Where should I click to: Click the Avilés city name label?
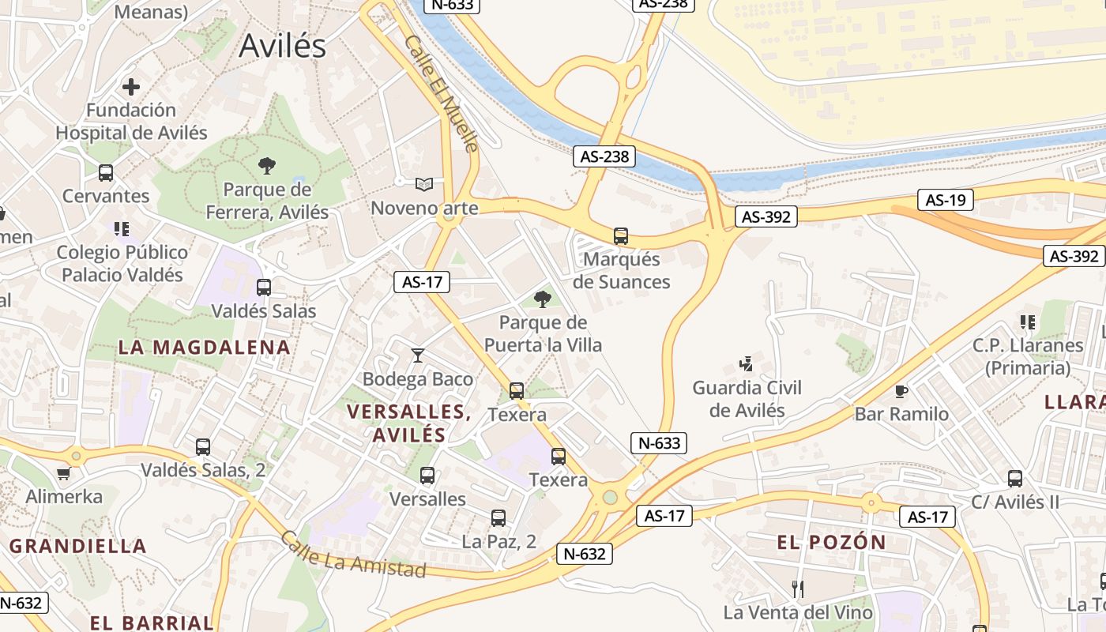point(282,46)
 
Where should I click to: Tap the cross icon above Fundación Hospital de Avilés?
point(131,87)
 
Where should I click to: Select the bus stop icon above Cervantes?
point(106,173)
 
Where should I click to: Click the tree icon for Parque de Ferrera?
point(267,166)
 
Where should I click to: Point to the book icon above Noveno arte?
point(424,185)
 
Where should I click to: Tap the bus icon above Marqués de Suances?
point(621,235)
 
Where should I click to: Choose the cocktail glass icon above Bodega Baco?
point(418,355)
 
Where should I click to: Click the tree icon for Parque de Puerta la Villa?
point(542,299)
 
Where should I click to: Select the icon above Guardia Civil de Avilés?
point(746,364)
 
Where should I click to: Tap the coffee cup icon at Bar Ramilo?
point(901,391)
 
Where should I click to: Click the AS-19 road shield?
point(946,200)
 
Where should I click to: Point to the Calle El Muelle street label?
point(442,92)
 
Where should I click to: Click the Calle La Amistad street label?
point(353,555)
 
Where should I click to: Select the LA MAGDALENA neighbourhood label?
point(205,347)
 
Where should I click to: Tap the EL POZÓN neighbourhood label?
point(832,542)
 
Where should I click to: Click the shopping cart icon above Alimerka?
point(64,473)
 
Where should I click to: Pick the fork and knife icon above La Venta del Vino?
point(798,589)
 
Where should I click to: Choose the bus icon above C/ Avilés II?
point(1015,479)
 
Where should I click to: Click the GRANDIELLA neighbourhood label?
point(78,546)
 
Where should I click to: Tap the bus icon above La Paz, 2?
point(498,518)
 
